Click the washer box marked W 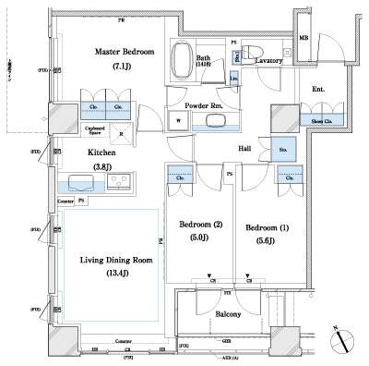coord(177,118)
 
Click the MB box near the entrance coord(304,38)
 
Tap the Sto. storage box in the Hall coord(283,148)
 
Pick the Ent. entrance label coord(318,89)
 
